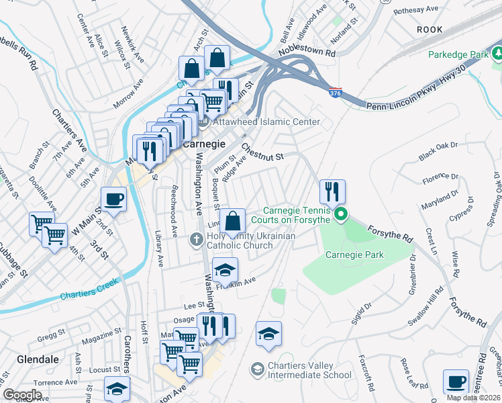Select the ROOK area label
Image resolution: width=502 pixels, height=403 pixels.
(x=430, y=30)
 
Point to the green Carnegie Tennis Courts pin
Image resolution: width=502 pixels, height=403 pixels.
(x=341, y=215)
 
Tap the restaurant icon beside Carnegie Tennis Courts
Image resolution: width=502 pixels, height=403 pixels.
(x=332, y=191)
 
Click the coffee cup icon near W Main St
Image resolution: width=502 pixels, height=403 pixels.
(x=113, y=199)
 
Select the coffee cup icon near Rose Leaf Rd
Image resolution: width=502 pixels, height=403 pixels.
(x=456, y=382)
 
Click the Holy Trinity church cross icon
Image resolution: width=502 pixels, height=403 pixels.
(x=196, y=239)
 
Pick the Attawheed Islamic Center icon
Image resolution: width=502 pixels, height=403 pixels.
(x=204, y=122)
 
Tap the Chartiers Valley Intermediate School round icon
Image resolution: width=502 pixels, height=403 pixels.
(x=256, y=369)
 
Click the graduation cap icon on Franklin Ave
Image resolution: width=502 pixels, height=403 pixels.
(x=225, y=270)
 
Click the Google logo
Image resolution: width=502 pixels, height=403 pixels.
(x=21, y=395)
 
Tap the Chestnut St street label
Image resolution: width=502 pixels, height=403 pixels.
(x=263, y=152)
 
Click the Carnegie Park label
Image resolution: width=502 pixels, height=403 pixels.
(x=354, y=255)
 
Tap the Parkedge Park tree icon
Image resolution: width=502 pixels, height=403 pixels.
(x=495, y=53)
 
